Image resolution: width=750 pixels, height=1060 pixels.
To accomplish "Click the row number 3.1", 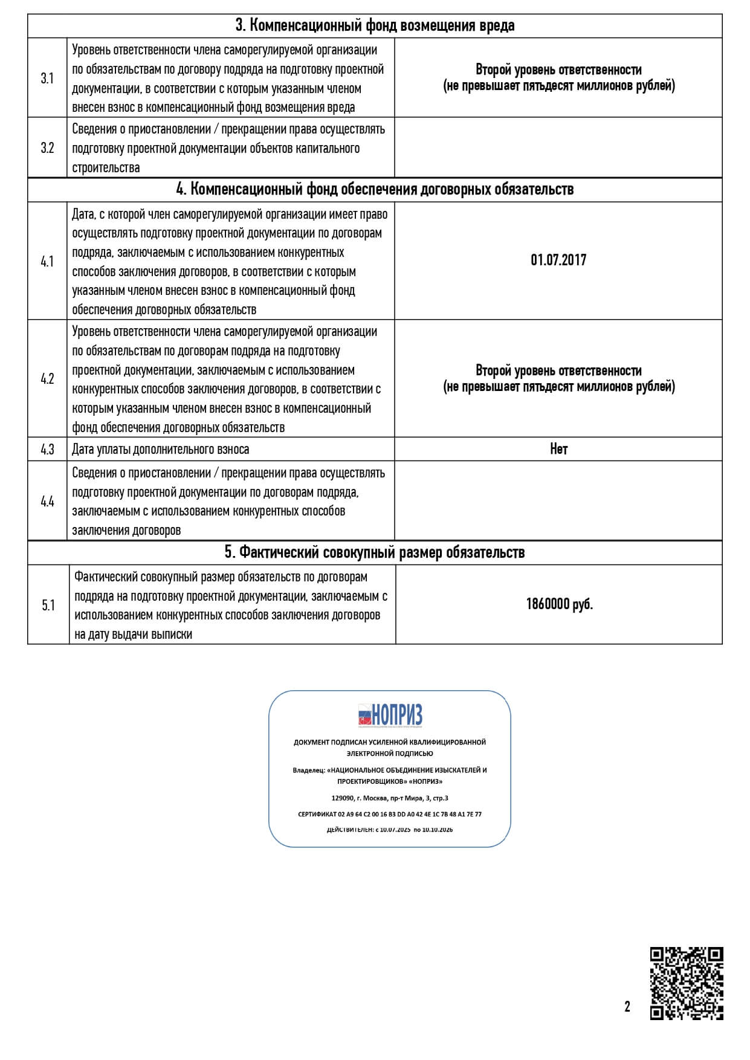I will click(x=47, y=78).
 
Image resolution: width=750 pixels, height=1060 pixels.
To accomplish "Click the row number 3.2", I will click(x=47, y=148).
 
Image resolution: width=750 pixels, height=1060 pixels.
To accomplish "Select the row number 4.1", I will click(x=47, y=261).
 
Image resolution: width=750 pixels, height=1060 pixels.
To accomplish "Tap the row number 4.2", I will click(x=47, y=379).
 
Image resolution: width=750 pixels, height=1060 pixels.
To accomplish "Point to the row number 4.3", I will click(x=47, y=449).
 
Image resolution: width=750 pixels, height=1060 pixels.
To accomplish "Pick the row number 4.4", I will click(x=47, y=501).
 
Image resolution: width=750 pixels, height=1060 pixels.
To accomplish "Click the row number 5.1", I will click(x=48, y=605).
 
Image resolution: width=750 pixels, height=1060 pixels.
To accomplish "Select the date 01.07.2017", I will click(x=558, y=260).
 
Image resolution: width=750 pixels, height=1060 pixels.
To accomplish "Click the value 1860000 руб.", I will click(x=559, y=604).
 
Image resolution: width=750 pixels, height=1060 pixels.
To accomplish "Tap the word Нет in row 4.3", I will click(x=558, y=449).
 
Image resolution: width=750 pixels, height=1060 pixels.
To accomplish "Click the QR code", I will click(x=687, y=983).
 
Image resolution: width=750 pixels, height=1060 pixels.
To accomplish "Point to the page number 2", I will click(x=627, y=1007).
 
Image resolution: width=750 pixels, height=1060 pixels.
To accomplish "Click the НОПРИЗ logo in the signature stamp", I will click(x=390, y=715).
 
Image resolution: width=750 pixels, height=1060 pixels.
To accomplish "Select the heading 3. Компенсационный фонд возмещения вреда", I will click(x=375, y=26).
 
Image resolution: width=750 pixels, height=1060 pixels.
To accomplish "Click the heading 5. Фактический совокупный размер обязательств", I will click(x=375, y=552).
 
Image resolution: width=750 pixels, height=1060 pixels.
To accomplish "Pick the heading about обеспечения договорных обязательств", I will click(x=375, y=189).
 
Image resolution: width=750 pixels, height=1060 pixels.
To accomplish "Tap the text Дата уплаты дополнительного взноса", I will click(x=161, y=450).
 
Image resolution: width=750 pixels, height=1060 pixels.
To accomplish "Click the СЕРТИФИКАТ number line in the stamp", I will click(x=390, y=814).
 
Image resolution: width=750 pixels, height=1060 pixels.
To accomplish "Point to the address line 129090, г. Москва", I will click(x=390, y=798).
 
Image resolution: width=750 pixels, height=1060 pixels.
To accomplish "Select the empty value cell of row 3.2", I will click(x=558, y=148).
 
